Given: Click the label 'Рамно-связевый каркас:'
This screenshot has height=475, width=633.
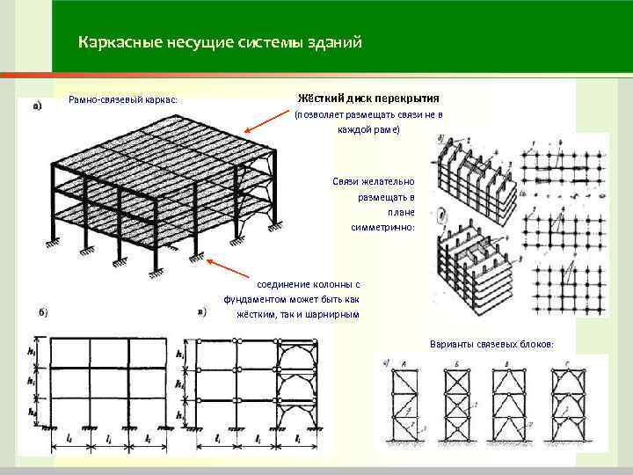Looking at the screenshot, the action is click(123, 99).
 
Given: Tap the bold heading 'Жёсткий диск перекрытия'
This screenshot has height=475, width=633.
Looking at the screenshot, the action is click(369, 98).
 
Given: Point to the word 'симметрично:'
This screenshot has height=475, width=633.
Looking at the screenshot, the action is click(388, 227).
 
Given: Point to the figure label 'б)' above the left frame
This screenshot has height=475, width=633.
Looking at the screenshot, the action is click(42, 314).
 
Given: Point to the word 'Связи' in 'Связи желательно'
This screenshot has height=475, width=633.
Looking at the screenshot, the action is click(346, 180).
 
